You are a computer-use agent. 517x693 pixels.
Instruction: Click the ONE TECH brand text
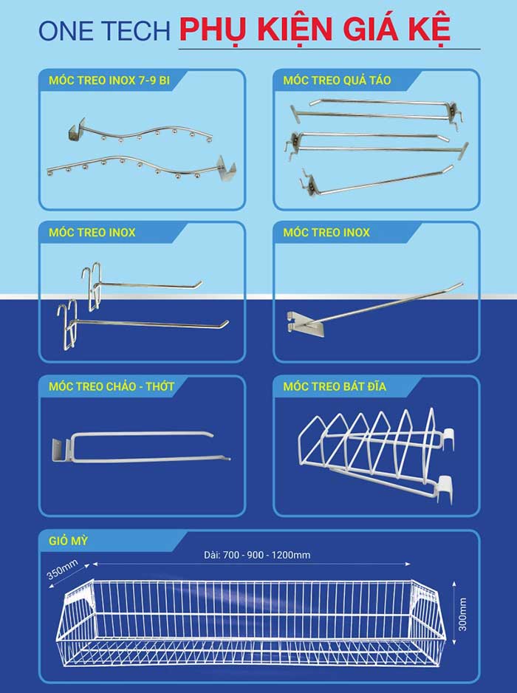(x=104, y=31)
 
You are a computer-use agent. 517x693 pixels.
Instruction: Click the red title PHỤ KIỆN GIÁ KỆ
(x=315, y=29)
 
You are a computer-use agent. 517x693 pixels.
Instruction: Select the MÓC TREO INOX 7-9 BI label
(x=109, y=81)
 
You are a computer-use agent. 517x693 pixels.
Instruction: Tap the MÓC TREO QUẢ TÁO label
(x=337, y=81)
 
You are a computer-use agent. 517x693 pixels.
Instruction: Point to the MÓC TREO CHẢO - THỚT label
(x=112, y=386)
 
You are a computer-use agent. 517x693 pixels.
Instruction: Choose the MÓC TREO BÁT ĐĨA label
(x=335, y=386)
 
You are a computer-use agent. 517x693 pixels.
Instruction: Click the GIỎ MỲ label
(x=68, y=541)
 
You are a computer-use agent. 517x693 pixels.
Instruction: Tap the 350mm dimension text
(x=62, y=569)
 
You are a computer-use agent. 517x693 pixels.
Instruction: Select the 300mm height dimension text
(x=462, y=615)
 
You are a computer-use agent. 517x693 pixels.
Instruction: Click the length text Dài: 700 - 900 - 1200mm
(x=257, y=555)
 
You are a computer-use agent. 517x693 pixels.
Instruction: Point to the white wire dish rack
(x=377, y=455)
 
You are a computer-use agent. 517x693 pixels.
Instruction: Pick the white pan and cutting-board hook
(x=140, y=446)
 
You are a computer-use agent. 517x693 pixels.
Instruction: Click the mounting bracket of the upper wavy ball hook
(x=76, y=132)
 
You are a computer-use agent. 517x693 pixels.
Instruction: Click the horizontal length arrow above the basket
(x=251, y=564)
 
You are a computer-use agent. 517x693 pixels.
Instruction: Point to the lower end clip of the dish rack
(x=445, y=489)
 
